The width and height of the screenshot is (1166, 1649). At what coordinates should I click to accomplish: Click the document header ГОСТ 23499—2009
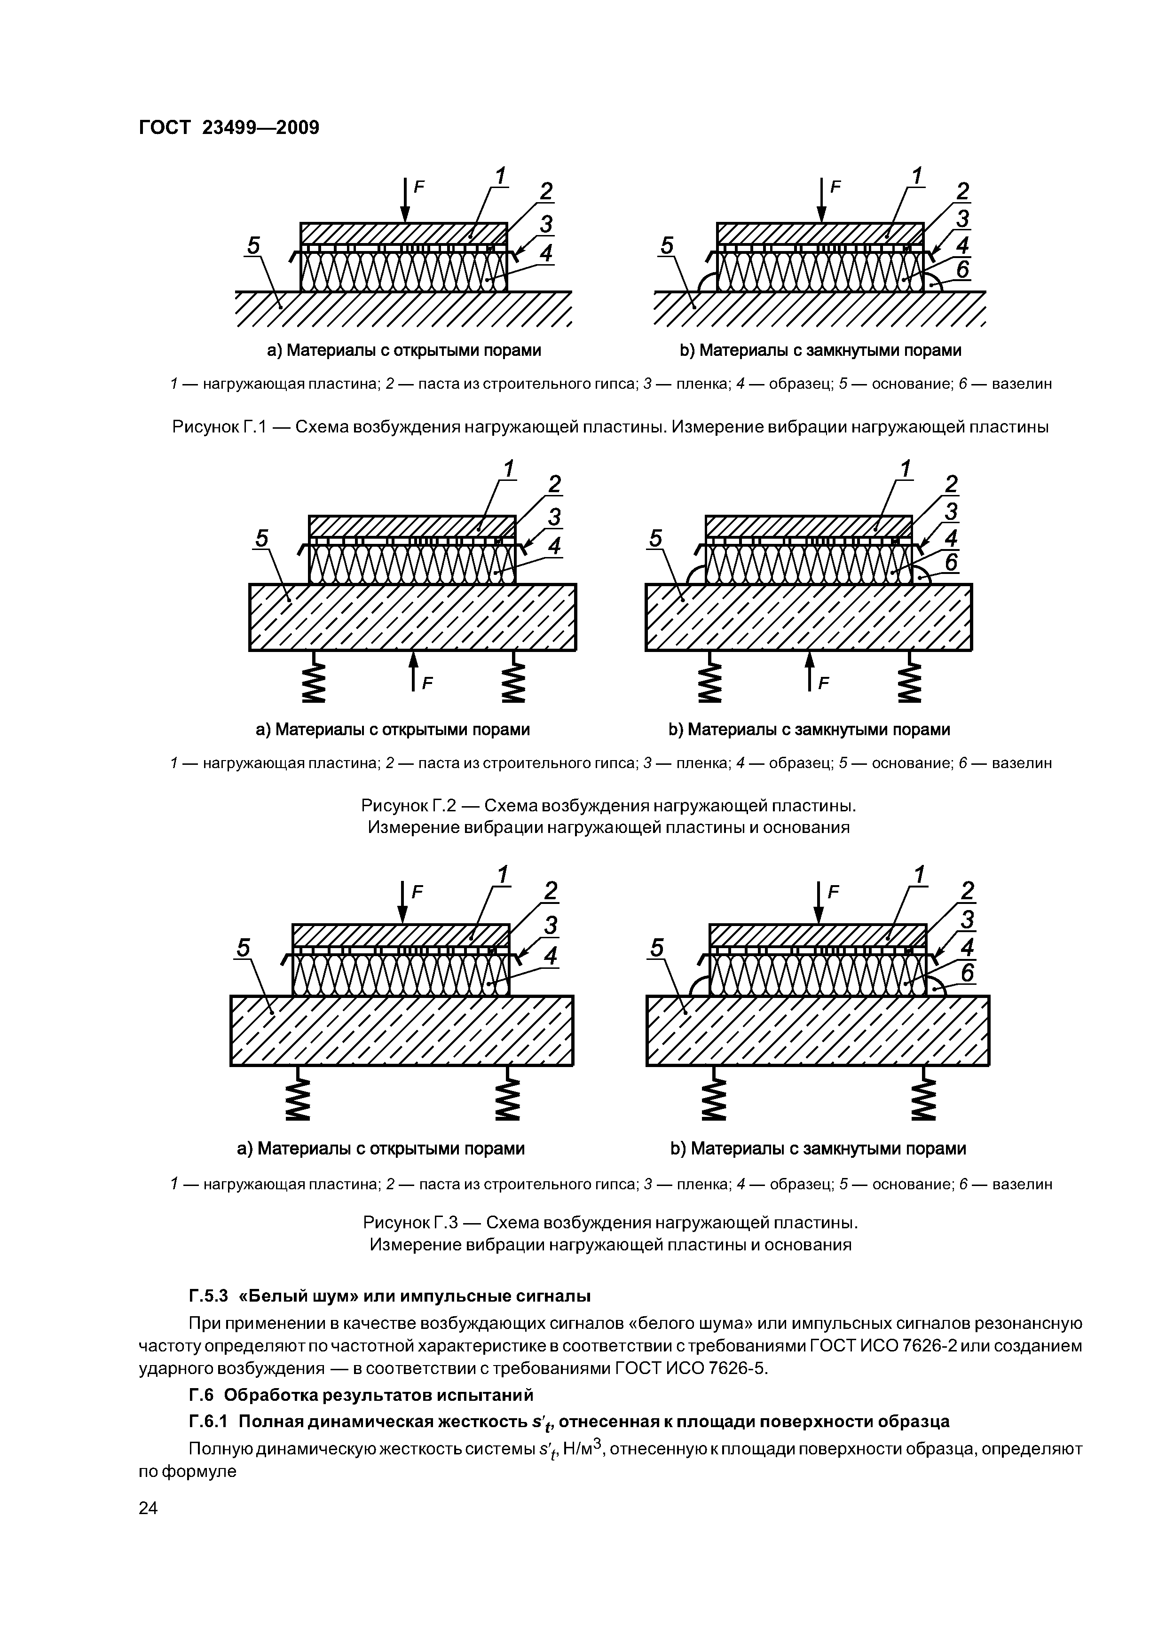tap(228, 128)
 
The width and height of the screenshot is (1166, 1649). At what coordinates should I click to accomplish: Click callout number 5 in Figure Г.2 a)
tap(261, 538)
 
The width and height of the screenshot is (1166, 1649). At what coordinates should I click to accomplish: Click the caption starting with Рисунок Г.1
tap(610, 427)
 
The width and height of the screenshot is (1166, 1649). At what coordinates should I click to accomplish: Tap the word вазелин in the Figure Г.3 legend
tap(1022, 1183)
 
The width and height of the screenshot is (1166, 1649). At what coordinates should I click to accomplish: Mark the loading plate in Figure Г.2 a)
tap(412, 526)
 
